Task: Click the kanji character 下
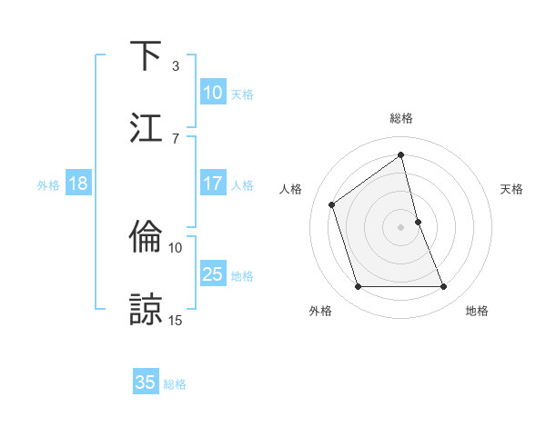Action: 146,55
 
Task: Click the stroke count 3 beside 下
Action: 176,66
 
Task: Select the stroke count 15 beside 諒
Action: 176,319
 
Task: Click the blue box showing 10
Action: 213,93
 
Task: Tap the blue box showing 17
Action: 213,184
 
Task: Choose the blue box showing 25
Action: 213,274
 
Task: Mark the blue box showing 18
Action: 78,184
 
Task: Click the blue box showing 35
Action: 146,382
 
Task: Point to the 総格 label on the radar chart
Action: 401,118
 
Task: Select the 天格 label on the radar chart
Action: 512,189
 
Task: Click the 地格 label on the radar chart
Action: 477,311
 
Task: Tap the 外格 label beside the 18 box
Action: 48,184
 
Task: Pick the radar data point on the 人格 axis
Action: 332,204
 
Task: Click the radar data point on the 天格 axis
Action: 418,222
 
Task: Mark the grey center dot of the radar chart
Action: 401,227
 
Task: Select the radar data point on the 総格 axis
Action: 401,155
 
